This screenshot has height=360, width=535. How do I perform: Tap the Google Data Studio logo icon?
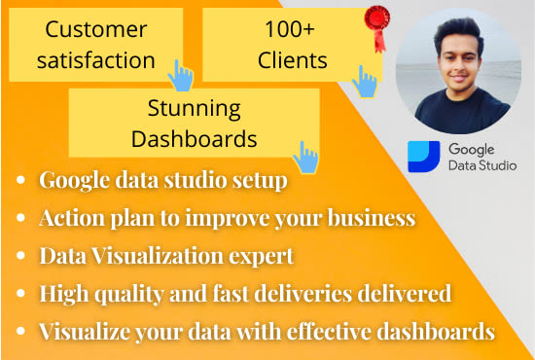click(424, 156)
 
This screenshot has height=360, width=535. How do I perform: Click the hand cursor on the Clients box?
click(365, 80)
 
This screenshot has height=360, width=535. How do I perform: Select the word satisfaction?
click(94, 59)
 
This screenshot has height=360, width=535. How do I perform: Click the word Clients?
click(292, 59)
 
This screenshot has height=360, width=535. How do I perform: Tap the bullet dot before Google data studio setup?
click(22, 181)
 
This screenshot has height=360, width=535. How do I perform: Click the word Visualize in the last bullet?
click(86, 331)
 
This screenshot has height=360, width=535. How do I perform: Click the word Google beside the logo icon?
click(472, 148)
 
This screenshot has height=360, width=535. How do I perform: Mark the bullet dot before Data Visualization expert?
click(22, 256)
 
